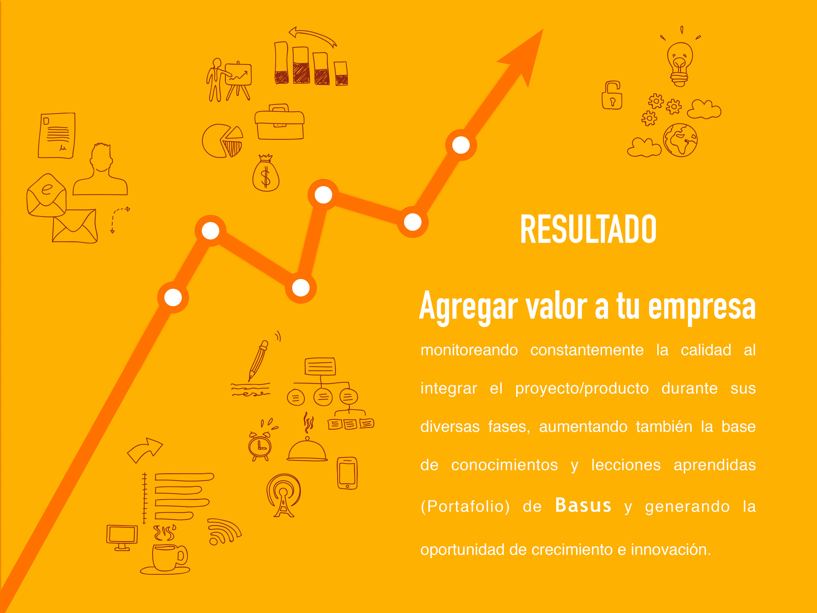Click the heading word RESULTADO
click(x=588, y=229)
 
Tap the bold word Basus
click(x=583, y=505)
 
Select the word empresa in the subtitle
click(x=702, y=307)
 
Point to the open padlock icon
click(x=612, y=95)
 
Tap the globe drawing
click(x=680, y=140)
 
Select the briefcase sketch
click(x=280, y=122)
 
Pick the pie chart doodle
click(x=223, y=141)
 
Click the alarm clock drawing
click(x=260, y=443)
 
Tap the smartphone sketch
click(x=347, y=473)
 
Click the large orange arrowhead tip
click(x=543, y=29)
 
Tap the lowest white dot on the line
click(x=173, y=297)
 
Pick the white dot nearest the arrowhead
click(x=461, y=145)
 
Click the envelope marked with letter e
click(x=47, y=195)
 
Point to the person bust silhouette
click(x=100, y=169)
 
